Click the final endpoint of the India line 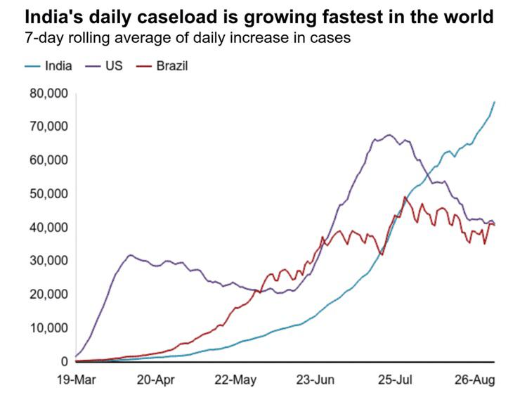(x=495, y=102)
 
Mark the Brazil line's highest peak (x=405, y=197)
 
